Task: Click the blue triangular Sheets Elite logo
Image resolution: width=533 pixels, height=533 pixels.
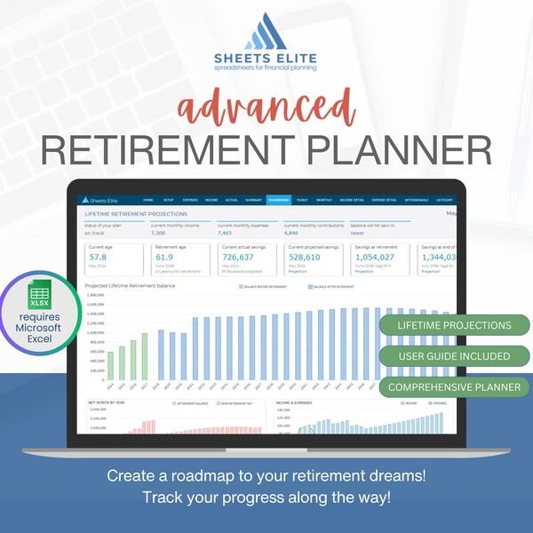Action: pos(266,34)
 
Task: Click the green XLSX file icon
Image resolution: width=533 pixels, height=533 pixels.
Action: pos(39,295)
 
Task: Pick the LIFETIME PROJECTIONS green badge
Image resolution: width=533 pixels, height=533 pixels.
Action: pos(453,325)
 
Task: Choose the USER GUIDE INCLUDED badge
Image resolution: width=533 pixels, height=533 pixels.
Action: pos(453,356)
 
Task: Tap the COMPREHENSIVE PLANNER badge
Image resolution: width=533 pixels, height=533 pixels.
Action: pos(453,387)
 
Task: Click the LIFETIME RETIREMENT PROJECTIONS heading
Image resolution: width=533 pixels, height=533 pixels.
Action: pos(135,214)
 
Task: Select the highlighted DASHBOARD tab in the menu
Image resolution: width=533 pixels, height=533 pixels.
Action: pos(279,201)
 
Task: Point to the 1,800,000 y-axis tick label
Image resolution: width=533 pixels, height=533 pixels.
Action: pos(96,293)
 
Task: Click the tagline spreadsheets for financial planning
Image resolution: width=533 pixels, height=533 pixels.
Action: pos(266,68)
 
